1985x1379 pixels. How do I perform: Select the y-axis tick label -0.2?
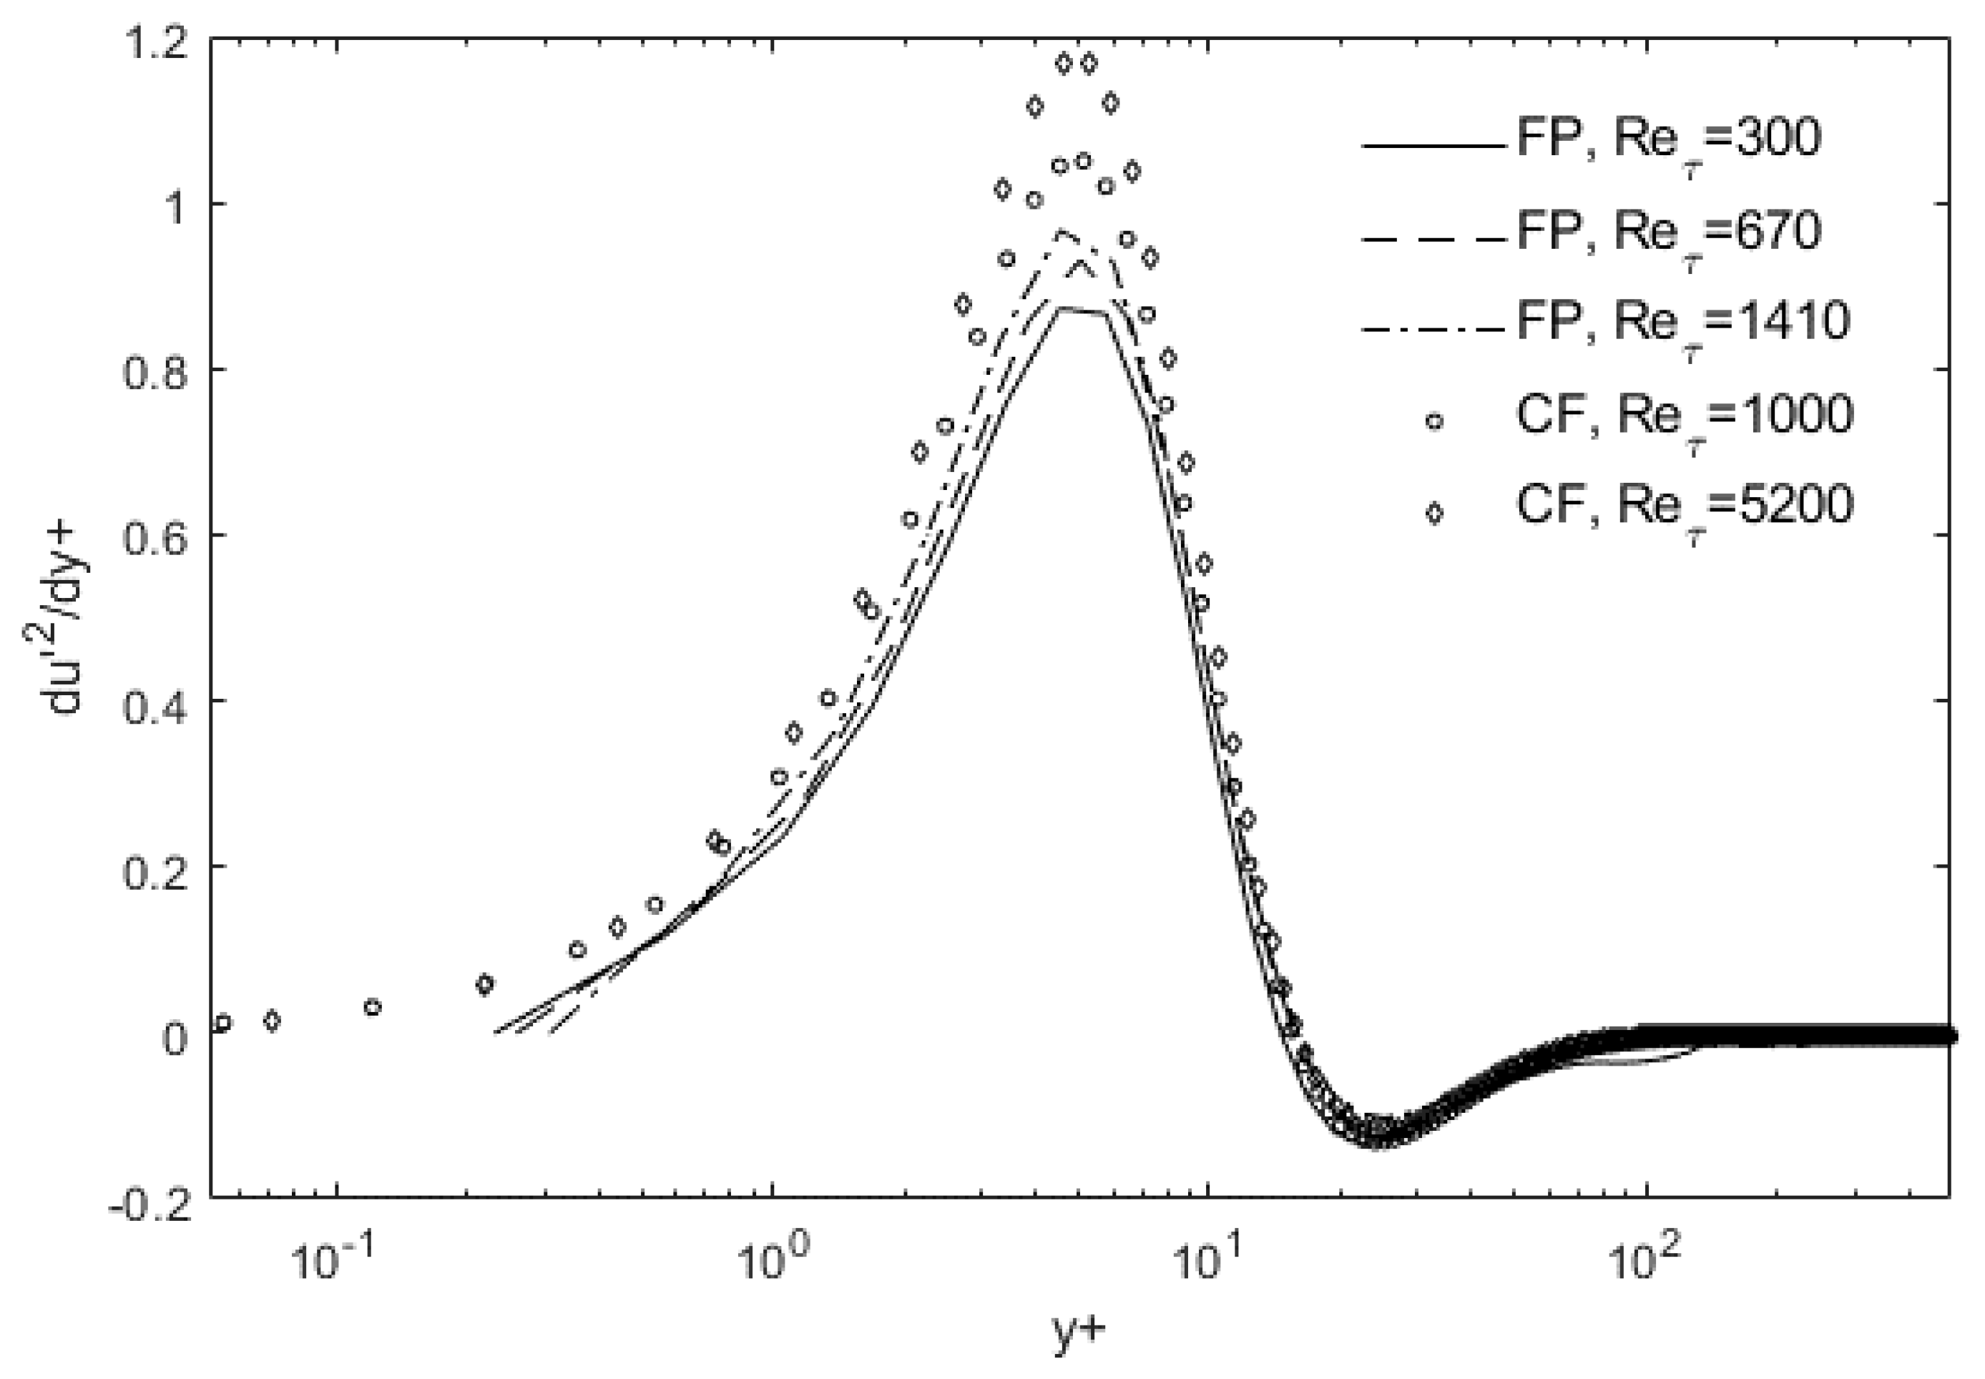click(x=147, y=1204)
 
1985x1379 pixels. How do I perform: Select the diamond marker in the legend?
click(x=1433, y=514)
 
